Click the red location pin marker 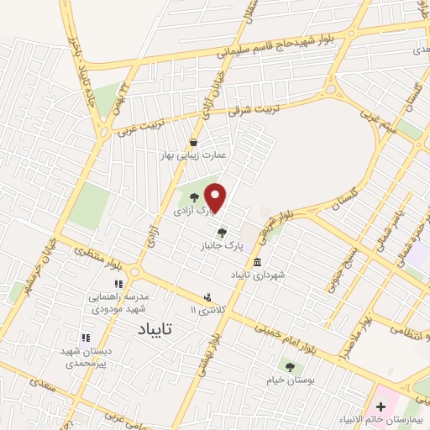216,197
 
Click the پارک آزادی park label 191,212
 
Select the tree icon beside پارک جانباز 222,233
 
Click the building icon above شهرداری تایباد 257,261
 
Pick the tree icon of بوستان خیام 290,367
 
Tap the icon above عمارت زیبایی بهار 194,142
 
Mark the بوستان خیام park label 290,381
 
